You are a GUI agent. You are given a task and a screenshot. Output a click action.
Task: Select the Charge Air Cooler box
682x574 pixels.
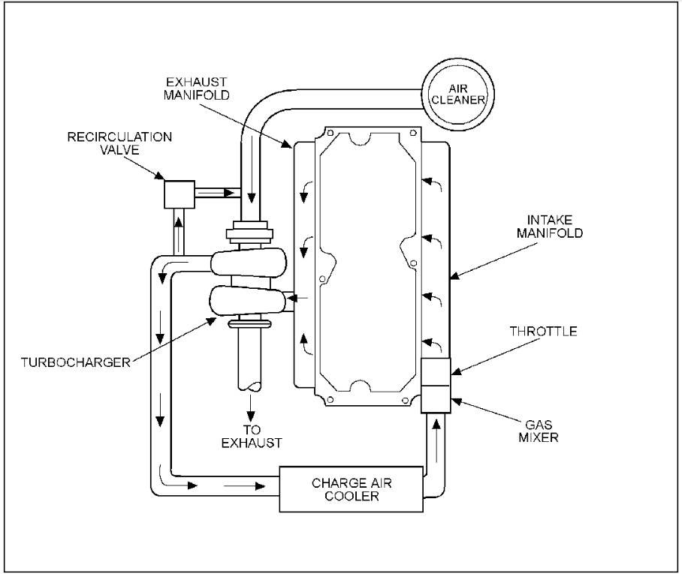[x=350, y=488]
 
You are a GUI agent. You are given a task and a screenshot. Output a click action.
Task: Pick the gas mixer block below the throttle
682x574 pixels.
[x=435, y=398]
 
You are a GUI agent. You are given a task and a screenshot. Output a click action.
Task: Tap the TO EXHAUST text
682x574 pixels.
[x=251, y=437]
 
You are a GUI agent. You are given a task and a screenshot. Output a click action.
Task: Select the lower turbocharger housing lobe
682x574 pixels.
[x=249, y=302]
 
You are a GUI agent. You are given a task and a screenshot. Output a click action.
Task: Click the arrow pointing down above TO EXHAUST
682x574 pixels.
[x=251, y=413]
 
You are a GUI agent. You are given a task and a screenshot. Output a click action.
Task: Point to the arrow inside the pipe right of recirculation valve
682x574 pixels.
[x=219, y=193]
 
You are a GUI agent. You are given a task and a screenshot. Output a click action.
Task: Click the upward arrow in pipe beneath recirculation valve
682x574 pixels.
[x=179, y=224]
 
